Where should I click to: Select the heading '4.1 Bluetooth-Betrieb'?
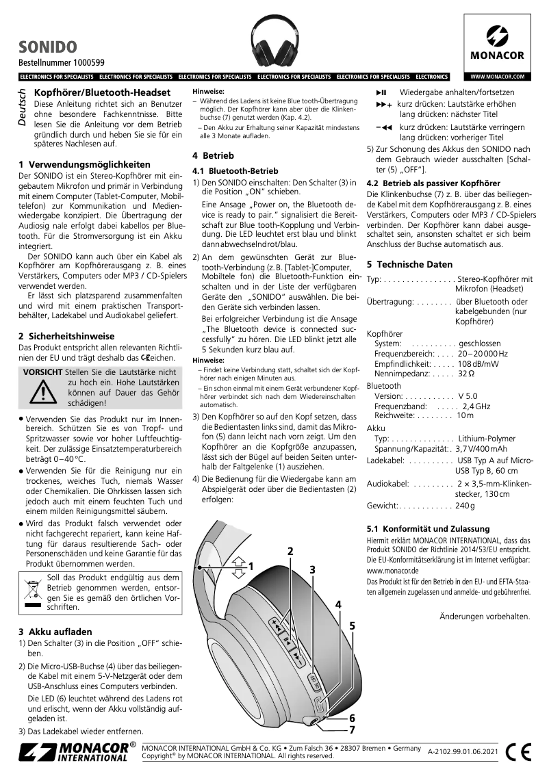pos(235,170)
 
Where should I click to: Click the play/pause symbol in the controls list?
pos(382,92)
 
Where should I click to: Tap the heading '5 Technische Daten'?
pos(409,264)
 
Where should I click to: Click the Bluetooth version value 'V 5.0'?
pos(468,396)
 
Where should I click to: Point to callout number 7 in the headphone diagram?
pos(352,729)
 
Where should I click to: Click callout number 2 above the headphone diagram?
pos(290,552)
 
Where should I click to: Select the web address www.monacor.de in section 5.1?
pos(393,569)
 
